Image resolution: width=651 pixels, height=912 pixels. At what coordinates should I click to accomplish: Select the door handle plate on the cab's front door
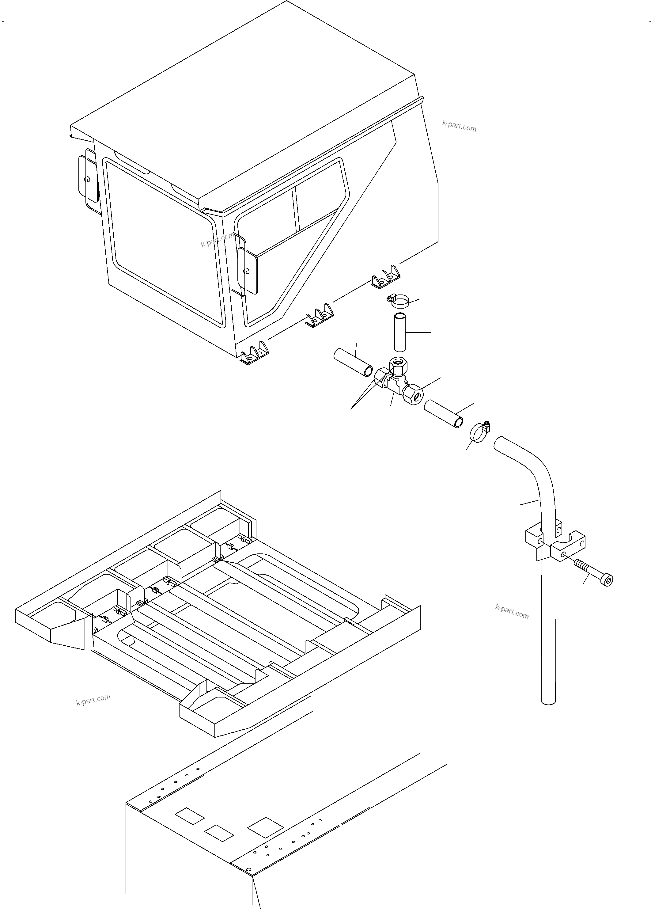[x=247, y=271]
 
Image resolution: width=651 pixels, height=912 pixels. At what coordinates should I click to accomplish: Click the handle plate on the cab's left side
[x=88, y=178]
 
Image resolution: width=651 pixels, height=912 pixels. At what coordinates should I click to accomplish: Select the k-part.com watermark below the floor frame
[x=93, y=700]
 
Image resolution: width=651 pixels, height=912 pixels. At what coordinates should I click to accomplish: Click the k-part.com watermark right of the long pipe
[x=512, y=612]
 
